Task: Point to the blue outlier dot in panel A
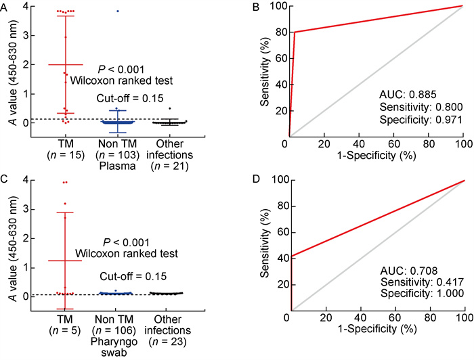coord(117,12)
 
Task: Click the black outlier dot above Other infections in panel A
coord(170,108)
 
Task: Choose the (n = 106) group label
coord(117,330)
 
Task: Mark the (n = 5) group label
coord(65,330)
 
